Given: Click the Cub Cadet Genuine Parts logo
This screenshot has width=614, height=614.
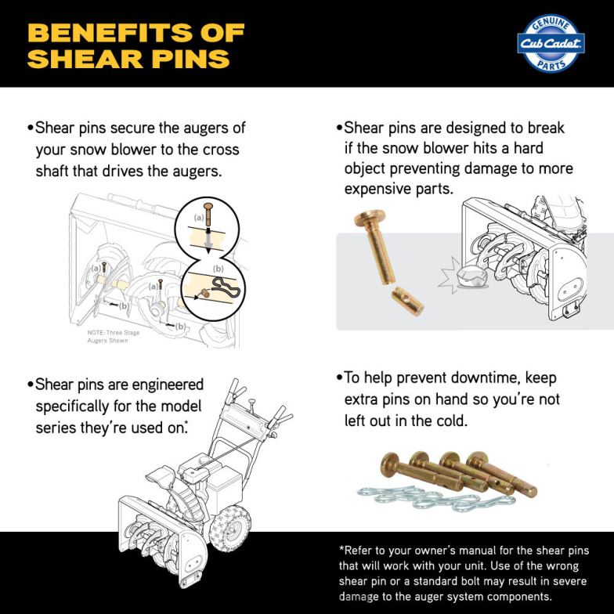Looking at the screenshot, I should [551, 43].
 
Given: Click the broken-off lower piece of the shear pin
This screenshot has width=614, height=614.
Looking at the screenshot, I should [406, 298].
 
